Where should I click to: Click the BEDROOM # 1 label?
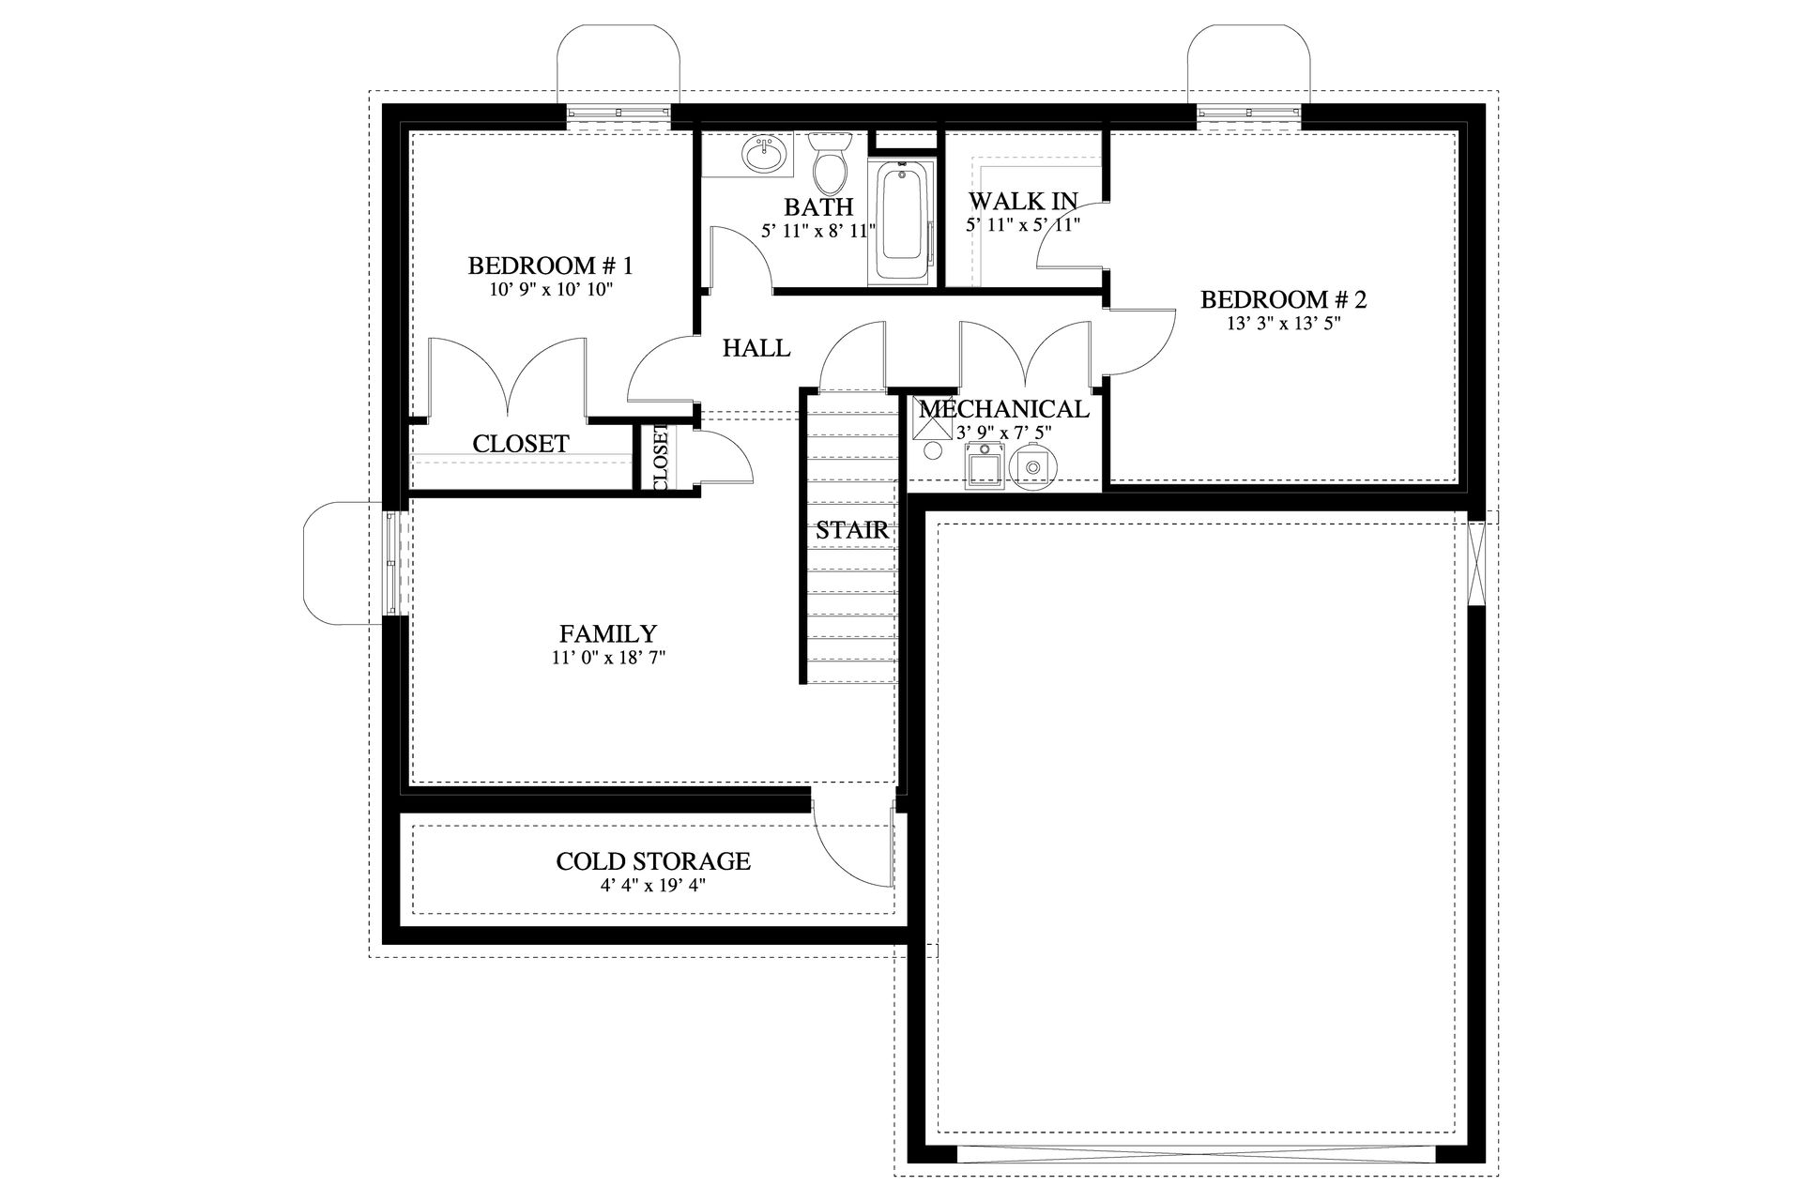[550, 266]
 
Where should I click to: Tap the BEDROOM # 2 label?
[1283, 299]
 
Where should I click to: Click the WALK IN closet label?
[1023, 201]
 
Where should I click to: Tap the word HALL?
[756, 348]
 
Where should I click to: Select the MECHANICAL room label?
[1003, 409]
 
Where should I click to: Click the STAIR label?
[851, 530]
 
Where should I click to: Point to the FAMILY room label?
[608, 634]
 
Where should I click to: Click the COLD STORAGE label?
[653, 861]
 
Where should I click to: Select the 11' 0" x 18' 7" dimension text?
[608, 659]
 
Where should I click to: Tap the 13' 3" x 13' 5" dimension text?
[1283, 324]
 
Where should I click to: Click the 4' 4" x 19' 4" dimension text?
[653, 885]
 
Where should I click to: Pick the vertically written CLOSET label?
[660, 457]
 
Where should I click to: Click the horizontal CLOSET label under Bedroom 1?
[520, 444]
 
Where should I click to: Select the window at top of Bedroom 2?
[1248, 114]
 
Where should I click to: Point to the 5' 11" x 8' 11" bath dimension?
[818, 230]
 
